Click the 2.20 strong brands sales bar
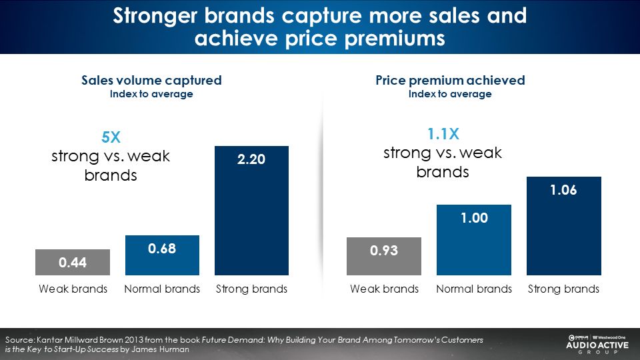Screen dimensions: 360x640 coord(251,210)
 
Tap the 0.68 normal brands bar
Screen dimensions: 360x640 coord(162,255)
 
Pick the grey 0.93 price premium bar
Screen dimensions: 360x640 coord(384,256)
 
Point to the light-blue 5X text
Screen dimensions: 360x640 coord(111,138)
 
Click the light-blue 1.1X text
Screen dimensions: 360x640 coord(443,134)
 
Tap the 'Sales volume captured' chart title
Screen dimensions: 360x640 coord(151,81)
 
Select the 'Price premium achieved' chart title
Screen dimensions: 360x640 coord(450,81)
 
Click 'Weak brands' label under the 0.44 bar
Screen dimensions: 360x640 coord(73,289)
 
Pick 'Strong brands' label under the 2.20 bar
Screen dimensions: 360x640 coord(252,289)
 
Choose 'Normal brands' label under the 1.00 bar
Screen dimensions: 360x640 coord(474,289)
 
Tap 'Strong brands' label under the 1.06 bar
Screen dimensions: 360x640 coord(564,289)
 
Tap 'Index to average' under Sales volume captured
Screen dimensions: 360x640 coord(151,94)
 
